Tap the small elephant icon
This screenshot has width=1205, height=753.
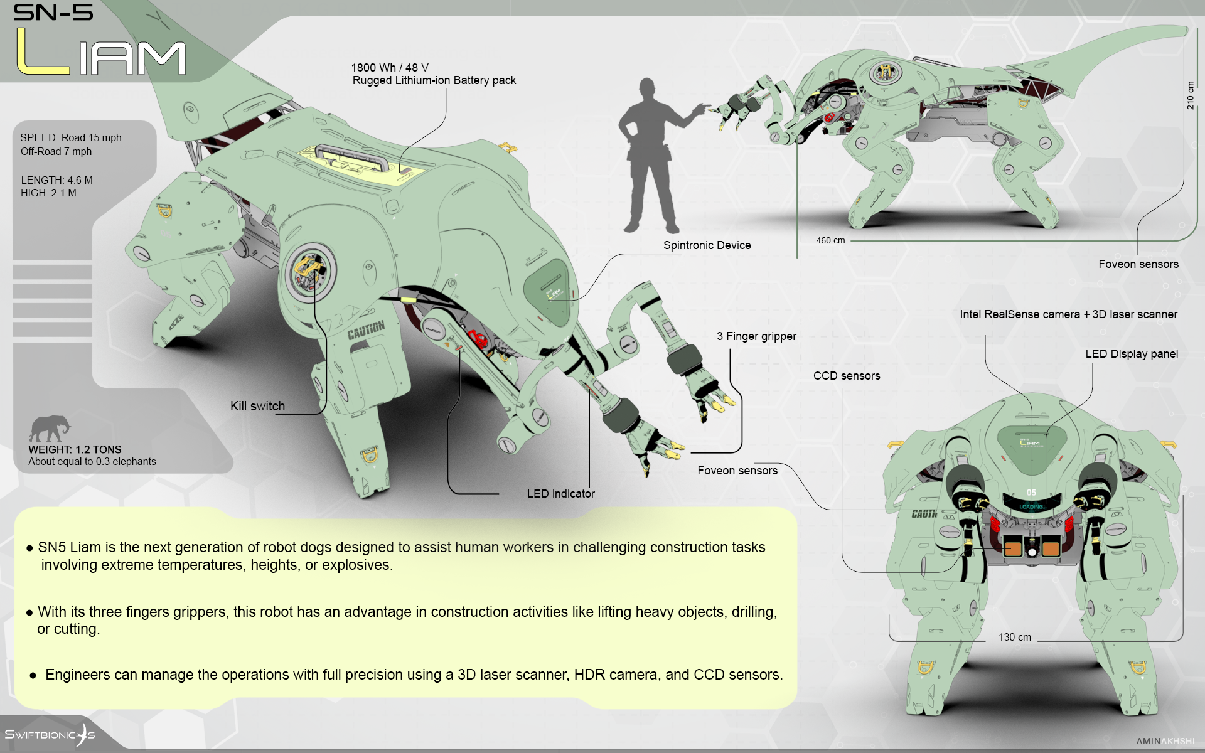49,429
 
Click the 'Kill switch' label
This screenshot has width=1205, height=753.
257,406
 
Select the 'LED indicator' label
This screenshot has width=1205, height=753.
560,494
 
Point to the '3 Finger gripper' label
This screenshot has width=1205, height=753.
756,336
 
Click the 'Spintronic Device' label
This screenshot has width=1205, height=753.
707,245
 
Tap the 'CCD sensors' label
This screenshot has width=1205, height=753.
847,376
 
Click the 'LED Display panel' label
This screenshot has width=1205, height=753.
1132,354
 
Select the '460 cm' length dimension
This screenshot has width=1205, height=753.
830,240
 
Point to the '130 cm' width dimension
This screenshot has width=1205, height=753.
1015,637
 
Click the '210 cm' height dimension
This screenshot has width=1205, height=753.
1190,95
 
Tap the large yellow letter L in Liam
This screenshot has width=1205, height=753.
40,52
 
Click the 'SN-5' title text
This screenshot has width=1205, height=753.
53,12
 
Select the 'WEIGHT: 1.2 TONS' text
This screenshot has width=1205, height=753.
75,449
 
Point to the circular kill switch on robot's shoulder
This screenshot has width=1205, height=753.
308,271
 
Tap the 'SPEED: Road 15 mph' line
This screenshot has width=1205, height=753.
71,137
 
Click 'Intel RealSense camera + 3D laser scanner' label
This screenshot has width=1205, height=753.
1068,314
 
